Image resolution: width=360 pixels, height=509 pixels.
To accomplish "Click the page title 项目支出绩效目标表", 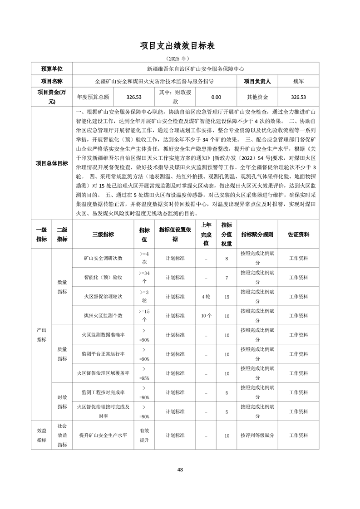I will tap(180, 46).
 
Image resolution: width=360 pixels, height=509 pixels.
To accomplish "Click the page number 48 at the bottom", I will tap(180, 470).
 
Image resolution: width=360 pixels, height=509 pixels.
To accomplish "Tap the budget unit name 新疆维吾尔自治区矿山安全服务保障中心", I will tap(195, 69).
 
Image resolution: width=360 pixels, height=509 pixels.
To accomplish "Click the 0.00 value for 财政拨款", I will tap(216, 97).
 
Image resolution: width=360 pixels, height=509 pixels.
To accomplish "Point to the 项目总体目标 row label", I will tap(52, 163).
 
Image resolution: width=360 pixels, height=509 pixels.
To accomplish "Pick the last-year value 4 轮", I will tap(206, 297).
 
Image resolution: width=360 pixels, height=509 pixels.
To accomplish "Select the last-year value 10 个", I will tap(206, 315).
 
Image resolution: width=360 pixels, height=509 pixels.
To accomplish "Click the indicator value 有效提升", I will tap(144, 436).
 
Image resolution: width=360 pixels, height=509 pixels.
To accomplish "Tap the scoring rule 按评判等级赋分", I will tap(257, 436).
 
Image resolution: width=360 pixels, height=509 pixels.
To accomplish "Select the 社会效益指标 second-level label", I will tap(62, 436).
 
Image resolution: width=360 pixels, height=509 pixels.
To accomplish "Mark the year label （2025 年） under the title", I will tap(180, 59).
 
